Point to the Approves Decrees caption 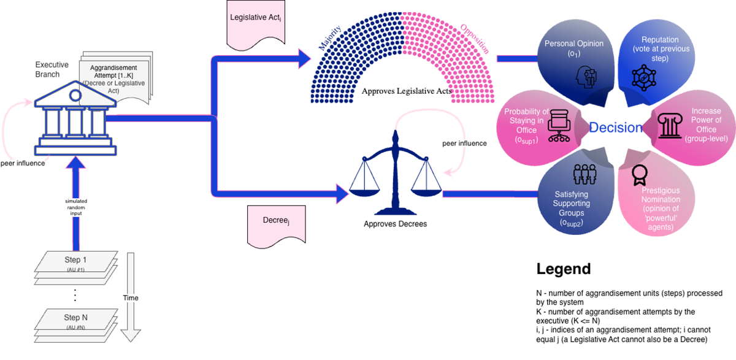point(396,224)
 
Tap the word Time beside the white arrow point(130,298)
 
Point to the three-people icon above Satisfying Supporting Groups point(580,175)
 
